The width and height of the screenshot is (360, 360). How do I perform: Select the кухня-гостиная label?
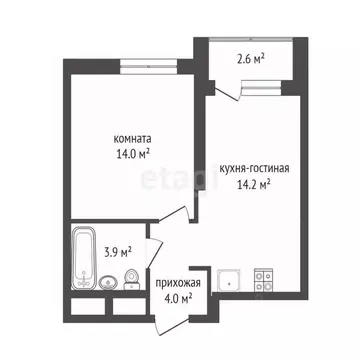click(254, 169)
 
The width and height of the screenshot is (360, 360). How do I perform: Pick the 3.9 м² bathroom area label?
click(118, 252)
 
